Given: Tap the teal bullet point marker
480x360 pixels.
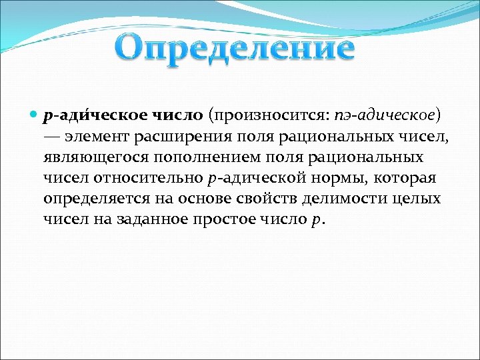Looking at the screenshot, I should point(34,115).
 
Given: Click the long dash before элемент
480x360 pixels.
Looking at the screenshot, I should point(53,137).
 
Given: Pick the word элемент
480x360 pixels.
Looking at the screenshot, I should point(96,137).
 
